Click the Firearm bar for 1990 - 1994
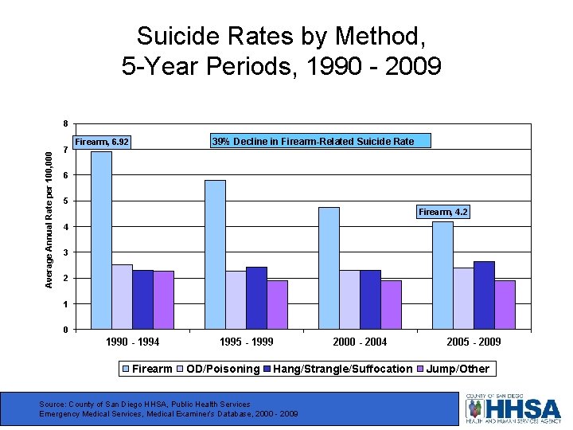[x=101, y=240]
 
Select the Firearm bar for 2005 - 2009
[x=442, y=275]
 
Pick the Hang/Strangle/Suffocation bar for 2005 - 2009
[x=484, y=295]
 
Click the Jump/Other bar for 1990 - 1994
[x=163, y=299]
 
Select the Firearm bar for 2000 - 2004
[x=329, y=268]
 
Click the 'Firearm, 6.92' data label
[x=101, y=143]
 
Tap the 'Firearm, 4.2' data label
[x=443, y=212]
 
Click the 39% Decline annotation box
[x=313, y=142]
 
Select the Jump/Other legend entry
[x=458, y=369]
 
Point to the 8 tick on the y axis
[x=65, y=123]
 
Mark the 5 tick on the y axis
[x=65, y=201]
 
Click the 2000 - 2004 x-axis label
[x=361, y=342]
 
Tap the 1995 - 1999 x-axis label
[x=247, y=342]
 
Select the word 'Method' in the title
[x=388, y=37]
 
